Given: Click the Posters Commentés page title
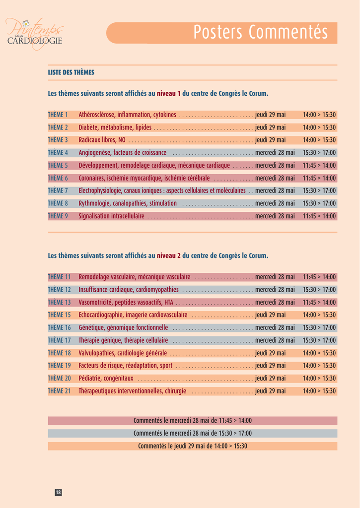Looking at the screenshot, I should click(261, 32).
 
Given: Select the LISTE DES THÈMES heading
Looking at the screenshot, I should click(71, 72).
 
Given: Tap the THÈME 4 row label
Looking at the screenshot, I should click(58, 153).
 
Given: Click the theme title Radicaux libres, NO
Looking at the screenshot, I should click(102, 140).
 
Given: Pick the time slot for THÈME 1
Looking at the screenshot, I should click(319, 115).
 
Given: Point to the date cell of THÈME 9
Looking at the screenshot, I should click(275, 216).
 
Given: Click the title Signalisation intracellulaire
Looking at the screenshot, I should click(112, 216).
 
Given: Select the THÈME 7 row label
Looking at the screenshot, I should click(58, 190).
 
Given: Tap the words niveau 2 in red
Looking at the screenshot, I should click(169, 256).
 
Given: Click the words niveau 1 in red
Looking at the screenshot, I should click(169, 93).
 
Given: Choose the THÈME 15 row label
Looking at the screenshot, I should click(59, 315).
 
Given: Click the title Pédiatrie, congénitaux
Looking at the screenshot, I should click(106, 379).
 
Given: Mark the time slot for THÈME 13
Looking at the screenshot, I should click(319, 302).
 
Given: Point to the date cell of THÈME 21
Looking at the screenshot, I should click(271, 391).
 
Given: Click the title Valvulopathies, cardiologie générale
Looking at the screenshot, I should click(123, 353).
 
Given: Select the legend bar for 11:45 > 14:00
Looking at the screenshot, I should click(193, 421).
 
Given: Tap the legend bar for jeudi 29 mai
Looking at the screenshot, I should click(193, 446).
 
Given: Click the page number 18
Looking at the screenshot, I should click(58, 492).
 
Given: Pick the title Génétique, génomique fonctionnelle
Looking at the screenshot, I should click(124, 328).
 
